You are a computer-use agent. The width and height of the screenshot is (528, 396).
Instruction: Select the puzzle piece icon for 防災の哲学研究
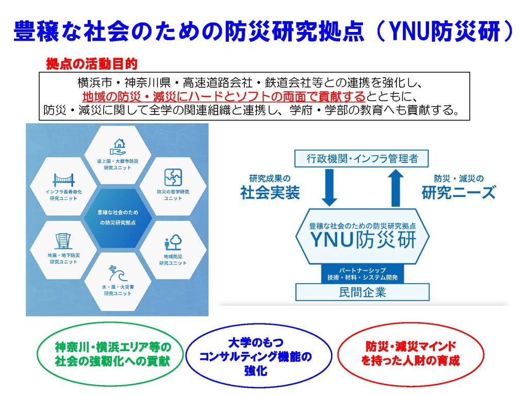[x=172, y=177]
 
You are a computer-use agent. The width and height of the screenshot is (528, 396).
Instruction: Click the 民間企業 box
[x=362, y=293]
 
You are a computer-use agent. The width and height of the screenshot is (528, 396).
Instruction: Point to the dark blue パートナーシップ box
[x=362, y=273]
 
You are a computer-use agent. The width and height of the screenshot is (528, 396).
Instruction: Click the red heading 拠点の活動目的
[x=92, y=63]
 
